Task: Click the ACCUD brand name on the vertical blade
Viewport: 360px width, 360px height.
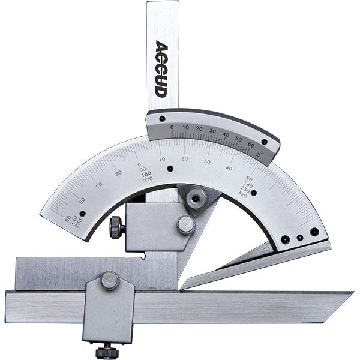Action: click(x=161, y=69)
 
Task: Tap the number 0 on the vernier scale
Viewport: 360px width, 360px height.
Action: click(x=172, y=127)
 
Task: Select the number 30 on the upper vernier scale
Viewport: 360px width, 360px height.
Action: click(x=212, y=130)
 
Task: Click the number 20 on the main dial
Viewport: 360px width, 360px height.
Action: click(x=185, y=158)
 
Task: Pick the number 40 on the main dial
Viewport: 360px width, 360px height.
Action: click(x=229, y=168)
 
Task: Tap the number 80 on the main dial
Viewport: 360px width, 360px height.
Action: click(x=119, y=173)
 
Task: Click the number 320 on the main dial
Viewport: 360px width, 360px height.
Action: click(x=243, y=194)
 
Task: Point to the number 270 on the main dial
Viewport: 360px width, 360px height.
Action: click(x=148, y=179)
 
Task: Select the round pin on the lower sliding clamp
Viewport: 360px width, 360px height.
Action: click(x=109, y=280)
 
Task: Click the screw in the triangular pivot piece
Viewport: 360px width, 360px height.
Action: click(x=195, y=199)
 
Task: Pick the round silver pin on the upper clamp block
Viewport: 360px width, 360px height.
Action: click(x=185, y=225)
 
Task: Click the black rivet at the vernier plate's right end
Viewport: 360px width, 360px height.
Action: click(x=264, y=142)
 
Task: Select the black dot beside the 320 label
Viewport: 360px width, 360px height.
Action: click(x=254, y=193)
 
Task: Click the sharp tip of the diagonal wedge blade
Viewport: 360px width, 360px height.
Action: click(x=182, y=286)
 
